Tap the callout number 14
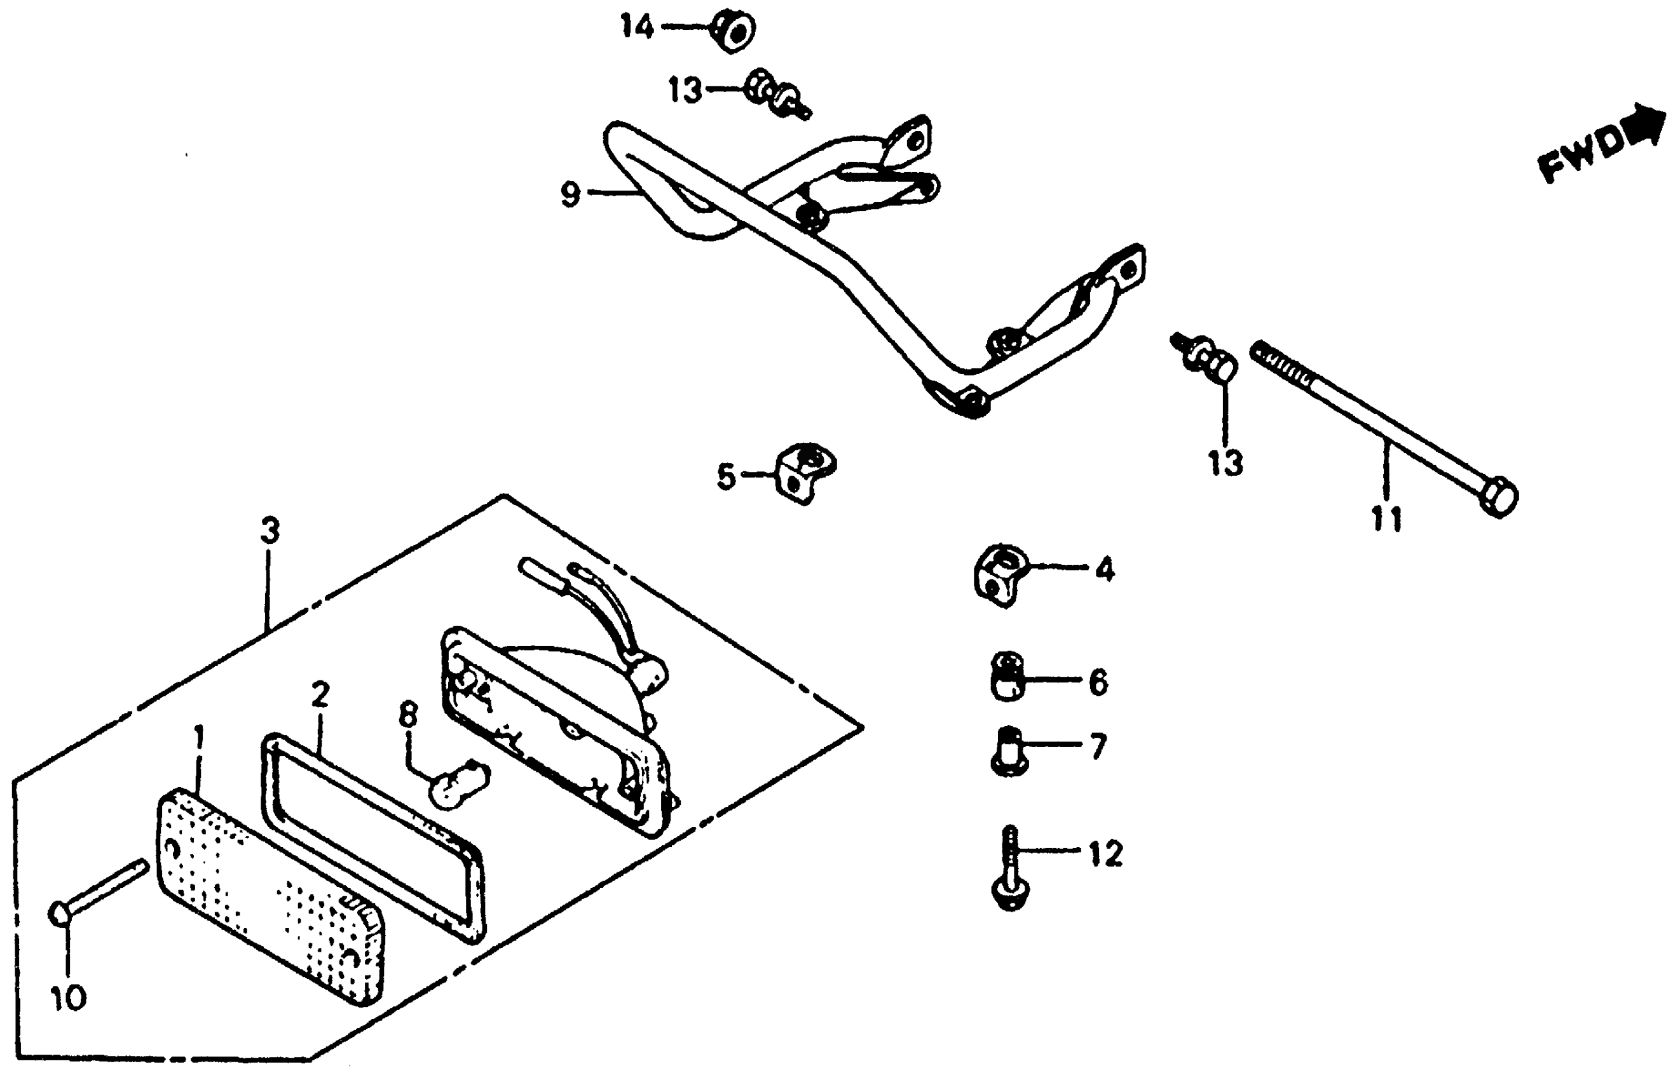637,27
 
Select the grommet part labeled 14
734,32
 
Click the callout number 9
570,194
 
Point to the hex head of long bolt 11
1498,497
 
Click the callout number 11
1386,519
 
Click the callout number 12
1105,853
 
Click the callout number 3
270,531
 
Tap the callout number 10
68,997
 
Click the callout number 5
726,476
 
